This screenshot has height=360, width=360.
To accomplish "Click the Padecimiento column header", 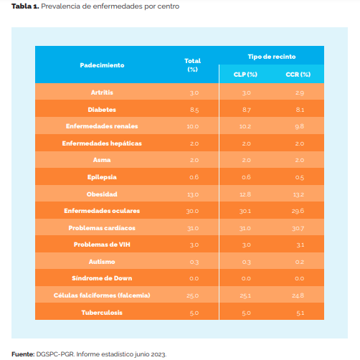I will (x=102, y=65).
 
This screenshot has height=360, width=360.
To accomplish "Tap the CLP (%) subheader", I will (x=246, y=74).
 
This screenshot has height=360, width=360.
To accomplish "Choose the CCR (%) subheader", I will (x=298, y=74).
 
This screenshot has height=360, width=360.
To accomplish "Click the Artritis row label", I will (x=102, y=93).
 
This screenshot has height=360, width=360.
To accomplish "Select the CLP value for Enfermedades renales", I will (x=246, y=126).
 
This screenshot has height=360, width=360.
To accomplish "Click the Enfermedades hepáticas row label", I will (x=102, y=143).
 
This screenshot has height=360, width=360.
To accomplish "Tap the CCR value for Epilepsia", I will (x=299, y=177).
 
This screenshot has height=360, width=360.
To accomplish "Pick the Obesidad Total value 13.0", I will (x=193, y=194).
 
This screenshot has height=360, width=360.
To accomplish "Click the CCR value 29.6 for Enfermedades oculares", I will (x=298, y=211).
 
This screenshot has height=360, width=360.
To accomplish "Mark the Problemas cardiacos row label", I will (x=102, y=227).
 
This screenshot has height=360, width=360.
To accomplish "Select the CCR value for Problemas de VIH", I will (x=299, y=245).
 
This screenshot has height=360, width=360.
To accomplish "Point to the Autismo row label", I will (x=102, y=261).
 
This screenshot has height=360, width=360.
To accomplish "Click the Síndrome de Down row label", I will (x=102, y=278).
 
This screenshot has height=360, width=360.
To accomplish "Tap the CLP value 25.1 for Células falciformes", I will (x=246, y=295).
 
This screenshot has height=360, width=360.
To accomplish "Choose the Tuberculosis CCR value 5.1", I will (x=299, y=312).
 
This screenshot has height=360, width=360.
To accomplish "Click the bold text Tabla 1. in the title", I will (x=24, y=6).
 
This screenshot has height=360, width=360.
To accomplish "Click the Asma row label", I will (x=102, y=160).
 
